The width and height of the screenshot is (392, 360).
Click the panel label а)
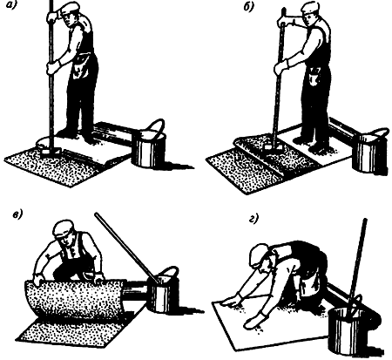tap(10, 4)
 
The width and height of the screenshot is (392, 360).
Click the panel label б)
tap(248, 7)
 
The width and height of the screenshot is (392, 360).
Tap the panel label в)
tap(17, 214)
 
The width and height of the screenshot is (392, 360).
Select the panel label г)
tap(253, 219)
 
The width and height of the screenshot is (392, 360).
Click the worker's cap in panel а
tap(70, 8)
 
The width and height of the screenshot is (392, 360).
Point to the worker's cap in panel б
tap(311, 8)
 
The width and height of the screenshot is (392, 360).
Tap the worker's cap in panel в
tap(64, 228)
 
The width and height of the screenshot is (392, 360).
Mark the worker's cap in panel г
tap(259, 255)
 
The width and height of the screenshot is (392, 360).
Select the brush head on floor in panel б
tap(273, 146)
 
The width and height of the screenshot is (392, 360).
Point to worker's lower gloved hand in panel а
tap(53, 67)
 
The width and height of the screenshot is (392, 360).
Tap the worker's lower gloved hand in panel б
tap(281, 67)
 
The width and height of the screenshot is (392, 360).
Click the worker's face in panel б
tap(308, 19)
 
